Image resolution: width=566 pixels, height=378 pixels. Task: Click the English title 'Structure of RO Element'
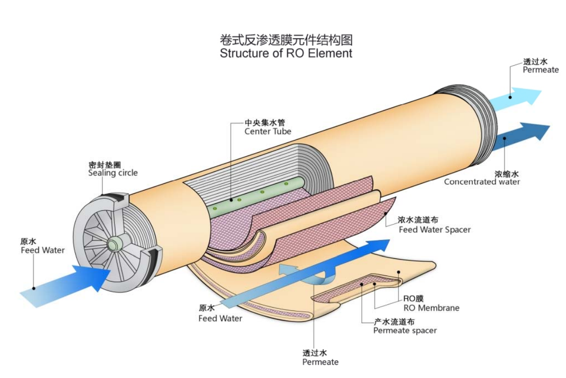click(286, 53)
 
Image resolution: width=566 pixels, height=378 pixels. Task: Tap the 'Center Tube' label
click(268, 131)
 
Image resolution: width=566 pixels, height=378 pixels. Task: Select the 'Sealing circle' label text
click(113, 173)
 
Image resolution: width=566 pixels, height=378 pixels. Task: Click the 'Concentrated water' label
click(481, 182)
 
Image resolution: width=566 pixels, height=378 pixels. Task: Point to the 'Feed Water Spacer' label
click(435, 230)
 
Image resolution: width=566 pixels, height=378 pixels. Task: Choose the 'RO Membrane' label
click(431, 308)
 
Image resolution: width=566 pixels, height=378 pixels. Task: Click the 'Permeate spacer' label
click(405, 330)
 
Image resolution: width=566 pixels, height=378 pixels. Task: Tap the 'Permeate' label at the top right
click(540, 70)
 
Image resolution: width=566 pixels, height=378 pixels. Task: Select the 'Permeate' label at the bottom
click(320, 362)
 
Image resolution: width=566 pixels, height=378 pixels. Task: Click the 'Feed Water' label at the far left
click(43, 250)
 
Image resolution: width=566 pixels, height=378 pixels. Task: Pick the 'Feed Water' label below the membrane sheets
click(220, 318)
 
